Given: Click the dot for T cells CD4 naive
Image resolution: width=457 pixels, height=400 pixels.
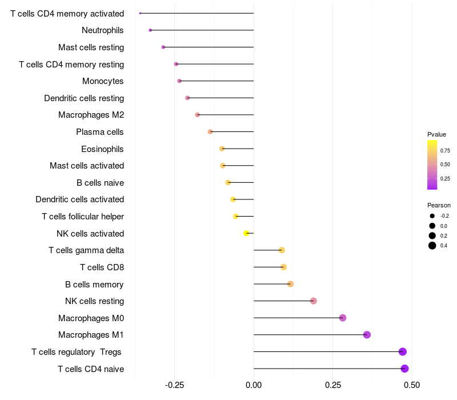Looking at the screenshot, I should point(404,369).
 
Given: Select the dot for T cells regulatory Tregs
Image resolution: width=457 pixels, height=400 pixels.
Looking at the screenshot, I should point(403,351).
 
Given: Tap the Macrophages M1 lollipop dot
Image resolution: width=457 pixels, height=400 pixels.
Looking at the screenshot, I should point(367,335).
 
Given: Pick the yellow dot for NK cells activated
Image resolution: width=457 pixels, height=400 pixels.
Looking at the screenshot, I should point(246,233).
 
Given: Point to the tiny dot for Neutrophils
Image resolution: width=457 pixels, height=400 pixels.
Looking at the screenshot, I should point(150,30).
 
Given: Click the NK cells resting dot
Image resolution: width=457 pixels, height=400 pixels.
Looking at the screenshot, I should point(313,301).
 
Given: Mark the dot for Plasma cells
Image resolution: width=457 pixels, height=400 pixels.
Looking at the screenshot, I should point(210,131).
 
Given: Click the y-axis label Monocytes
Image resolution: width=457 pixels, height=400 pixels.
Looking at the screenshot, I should point(103,81).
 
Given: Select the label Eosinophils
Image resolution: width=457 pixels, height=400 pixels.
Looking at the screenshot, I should point(103,149).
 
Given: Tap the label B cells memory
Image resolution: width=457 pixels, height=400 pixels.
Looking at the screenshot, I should point(95,284).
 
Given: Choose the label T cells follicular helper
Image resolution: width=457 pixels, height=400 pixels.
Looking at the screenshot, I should point(83,217).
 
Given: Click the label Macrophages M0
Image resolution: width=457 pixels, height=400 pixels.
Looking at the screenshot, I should point(91,318).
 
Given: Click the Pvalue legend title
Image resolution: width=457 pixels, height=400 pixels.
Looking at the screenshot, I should point(436,134).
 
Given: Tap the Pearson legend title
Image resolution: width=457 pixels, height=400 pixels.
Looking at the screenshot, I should point(439,205).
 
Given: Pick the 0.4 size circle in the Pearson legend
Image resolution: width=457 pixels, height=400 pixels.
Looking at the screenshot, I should point(432,246).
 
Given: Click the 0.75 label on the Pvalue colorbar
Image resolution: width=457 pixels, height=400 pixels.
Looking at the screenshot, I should point(445,151).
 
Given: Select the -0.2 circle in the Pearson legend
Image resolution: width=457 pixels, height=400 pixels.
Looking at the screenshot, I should point(432,216).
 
